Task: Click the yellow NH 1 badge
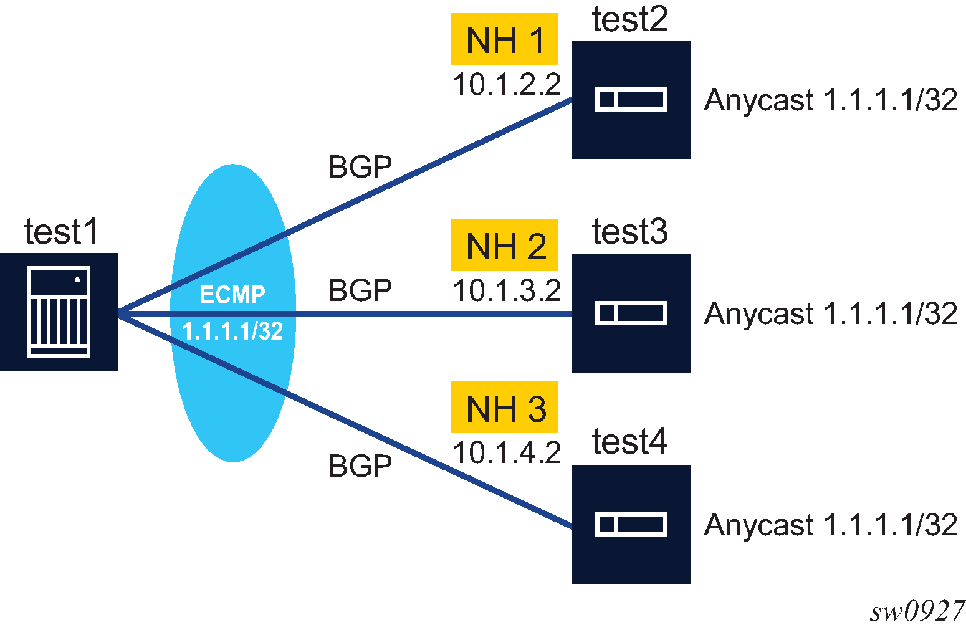coord(504,39)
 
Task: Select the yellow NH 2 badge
coord(504,245)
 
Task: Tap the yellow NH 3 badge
coord(504,408)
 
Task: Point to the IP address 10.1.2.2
coord(506,84)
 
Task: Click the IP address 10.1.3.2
coord(506,290)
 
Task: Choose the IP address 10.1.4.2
coord(506,452)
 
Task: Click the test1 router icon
coord(59,312)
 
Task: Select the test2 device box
coord(631,100)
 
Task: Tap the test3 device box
coord(631,313)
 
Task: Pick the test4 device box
coord(631,524)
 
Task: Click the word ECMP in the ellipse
coord(232,294)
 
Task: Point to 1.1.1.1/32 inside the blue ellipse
coord(232,330)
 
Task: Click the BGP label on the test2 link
coord(360,167)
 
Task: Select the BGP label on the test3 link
coord(360,290)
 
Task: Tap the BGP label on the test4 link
coord(360,465)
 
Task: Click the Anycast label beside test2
coord(830,100)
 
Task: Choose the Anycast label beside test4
coord(830,525)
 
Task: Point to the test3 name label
coord(629,231)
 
